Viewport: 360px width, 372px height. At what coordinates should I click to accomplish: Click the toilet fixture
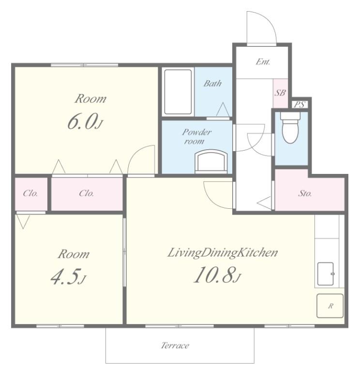tap(290, 128)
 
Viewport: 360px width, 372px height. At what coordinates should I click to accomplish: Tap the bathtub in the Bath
tap(178, 92)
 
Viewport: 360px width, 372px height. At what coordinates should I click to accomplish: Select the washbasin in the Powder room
tap(211, 161)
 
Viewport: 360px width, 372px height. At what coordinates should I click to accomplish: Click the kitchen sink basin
tap(325, 274)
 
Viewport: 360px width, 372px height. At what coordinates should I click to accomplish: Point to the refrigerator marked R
tap(330, 306)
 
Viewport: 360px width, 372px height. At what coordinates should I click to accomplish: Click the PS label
tap(299, 105)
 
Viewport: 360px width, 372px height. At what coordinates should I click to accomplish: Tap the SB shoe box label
tap(280, 93)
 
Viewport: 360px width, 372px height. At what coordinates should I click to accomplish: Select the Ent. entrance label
tap(263, 62)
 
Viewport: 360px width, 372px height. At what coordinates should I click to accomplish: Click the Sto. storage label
tap(305, 194)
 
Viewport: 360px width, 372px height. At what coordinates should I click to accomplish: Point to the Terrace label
tap(175, 345)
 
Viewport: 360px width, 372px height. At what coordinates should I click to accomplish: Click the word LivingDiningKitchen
tap(223, 252)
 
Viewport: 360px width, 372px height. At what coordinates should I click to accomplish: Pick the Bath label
tap(212, 83)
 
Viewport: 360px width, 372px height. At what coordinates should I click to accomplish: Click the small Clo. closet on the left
tap(30, 194)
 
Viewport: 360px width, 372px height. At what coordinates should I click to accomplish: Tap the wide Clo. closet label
tap(87, 194)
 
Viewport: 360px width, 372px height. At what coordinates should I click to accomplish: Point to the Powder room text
tap(196, 137)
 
